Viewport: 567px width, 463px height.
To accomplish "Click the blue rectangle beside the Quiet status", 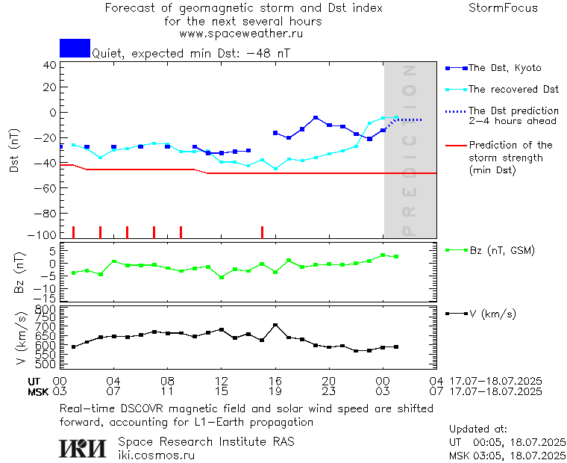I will [x=75, y=48].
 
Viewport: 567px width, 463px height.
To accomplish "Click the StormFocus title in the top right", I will [x=503, y=8].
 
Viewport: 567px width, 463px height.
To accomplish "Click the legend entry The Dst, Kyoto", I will [x=504, y=68].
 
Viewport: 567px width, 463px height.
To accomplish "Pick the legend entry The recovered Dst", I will [x=513, y=90].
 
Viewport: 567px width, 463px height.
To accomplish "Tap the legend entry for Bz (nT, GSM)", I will [x=501, y=250].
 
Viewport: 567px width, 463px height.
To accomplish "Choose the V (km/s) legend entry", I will [x=492, y=314].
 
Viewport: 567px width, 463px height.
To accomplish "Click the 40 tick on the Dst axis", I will [x=50, y=65].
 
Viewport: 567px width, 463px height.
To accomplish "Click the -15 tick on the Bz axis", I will [x=46, y=297].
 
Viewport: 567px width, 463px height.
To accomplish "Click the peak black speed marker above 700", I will [x=275, y=325].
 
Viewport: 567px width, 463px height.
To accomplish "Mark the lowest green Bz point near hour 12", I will [x=222, y=277].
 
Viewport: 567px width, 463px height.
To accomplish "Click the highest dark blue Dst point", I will [x=316, y=118].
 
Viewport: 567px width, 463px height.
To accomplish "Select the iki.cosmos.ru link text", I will [x=157, y=454].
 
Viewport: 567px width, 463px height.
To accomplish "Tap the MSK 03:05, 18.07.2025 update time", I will [x=508, y=455].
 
